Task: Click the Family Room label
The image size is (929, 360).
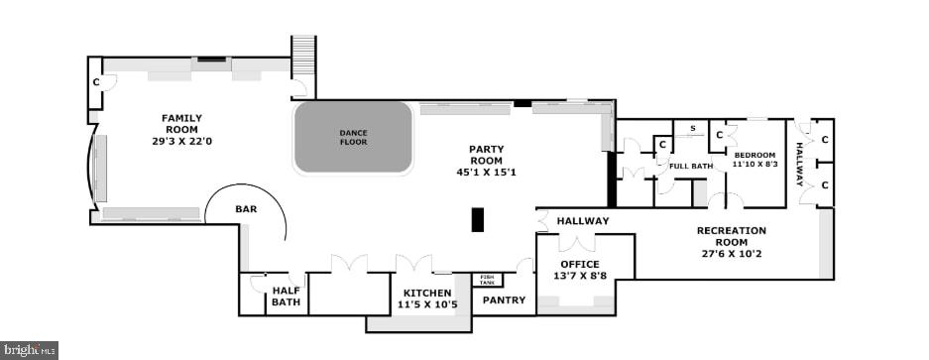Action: click(181, 124)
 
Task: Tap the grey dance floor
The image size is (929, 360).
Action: click(353, 137)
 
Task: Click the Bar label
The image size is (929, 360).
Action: click(246, 209)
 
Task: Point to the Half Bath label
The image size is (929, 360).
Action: click(287, 296)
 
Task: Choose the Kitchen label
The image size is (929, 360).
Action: click(427, 293)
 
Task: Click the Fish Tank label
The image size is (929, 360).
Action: click(487, 280)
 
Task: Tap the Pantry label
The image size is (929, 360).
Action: click(504, 299)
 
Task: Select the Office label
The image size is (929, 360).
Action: click(580, 264)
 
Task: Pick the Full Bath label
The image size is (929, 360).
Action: click(691, 166)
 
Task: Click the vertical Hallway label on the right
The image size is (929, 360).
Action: click(799, 164)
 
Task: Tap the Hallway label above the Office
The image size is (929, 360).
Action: click(583, 221)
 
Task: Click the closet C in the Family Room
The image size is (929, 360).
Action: click(96, 81)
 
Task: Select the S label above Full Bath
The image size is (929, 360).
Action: click(691, 128)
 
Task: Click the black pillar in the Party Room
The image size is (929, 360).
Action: click(477, 219)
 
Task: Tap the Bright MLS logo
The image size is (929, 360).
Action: click(30, 350)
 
